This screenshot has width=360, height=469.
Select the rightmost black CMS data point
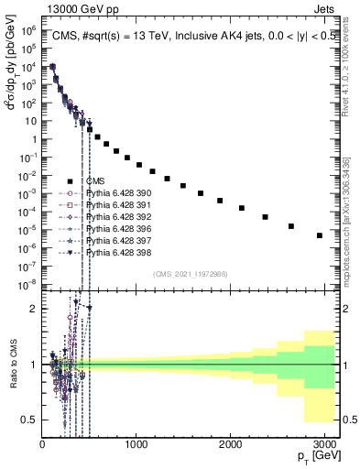320,235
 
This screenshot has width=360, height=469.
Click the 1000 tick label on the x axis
136,445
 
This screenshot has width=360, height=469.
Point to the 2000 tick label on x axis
229,445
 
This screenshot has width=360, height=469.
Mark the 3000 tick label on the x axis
322,445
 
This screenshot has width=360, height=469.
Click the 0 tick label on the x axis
42,445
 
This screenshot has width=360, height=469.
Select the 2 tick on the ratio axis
32,309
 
